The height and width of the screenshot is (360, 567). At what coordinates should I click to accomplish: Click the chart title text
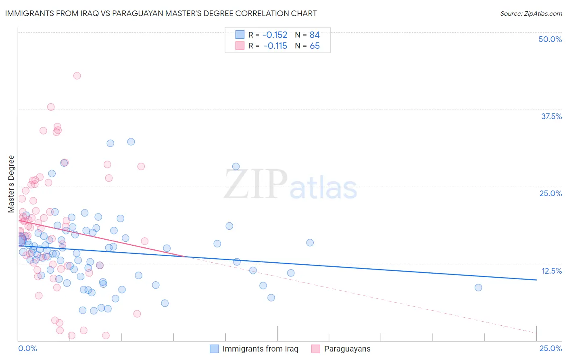pos(161,13)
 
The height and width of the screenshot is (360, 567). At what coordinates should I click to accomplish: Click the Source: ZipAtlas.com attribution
pos(531,13)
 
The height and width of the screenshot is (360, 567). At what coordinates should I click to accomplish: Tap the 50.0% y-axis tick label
pos(550,39)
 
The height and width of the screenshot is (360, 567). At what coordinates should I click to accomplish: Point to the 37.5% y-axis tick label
pos(551,116)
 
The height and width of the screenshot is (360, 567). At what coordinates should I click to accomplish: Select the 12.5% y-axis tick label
pos(551,271)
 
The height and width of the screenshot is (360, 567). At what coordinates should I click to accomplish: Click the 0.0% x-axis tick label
pos(27,348)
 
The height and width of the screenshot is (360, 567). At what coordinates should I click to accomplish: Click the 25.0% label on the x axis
pos(550,348)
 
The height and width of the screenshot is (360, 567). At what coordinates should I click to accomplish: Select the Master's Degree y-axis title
pos(11,184)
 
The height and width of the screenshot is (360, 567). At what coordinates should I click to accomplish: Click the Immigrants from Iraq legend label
pos(260,349)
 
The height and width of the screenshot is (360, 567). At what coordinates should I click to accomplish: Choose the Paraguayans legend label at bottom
pos(347,349)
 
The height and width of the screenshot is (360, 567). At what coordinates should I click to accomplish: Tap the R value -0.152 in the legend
pos(275,35)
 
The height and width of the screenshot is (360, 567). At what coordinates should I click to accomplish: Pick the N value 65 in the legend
pos(315,46)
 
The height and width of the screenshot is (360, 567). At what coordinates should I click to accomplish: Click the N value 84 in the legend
pos(315,35)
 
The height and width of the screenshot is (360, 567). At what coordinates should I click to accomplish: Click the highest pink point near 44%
pos(77,75)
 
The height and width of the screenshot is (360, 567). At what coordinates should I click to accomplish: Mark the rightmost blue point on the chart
pos(478,287)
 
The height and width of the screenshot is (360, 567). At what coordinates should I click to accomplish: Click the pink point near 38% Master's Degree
pos(51,107)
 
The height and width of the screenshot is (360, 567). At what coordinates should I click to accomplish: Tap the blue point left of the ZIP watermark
pos(236,166)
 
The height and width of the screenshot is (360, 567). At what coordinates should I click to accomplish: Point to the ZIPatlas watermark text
pos(290,185)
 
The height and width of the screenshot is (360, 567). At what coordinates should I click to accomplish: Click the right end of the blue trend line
pos(537,280)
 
